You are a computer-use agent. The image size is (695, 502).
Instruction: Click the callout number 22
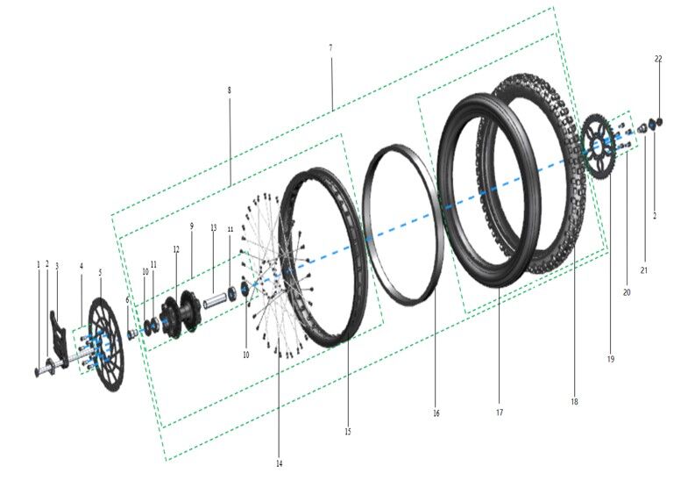point(658,59)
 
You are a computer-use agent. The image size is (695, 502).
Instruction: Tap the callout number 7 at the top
point(330,47)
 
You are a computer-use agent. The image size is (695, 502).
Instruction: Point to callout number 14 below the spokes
point(280,463)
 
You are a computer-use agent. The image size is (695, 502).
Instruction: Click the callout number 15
point(347,432)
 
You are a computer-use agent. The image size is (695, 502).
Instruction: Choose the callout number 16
point(436,412)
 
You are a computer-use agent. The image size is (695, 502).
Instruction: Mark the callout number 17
point(499,412)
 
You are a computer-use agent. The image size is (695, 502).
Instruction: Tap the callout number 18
point(574,401)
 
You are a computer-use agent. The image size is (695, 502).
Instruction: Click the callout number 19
point(611,359)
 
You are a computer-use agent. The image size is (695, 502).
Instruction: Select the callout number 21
point(643,270)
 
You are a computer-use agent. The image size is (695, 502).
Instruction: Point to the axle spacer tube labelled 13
point(216,303)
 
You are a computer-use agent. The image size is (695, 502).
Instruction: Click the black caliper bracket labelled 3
point(58,325)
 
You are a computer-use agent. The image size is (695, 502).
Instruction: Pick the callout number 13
point(213,227)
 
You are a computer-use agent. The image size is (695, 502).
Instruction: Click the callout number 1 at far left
point(38,263)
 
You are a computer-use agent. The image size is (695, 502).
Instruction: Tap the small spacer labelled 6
point(132,333)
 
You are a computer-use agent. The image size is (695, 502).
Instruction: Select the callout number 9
point(191,226)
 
